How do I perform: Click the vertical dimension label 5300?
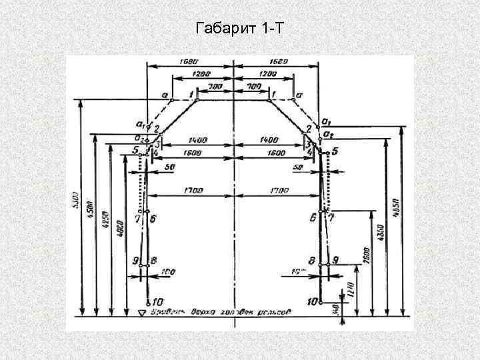tap(74, 199)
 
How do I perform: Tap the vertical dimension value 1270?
tap(351, 289)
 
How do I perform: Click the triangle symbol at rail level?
tap(141, 312)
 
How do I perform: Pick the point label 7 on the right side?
tap(331, 218)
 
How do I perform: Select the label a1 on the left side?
tap(139, 124)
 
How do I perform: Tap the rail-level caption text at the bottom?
tap(220, 311)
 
